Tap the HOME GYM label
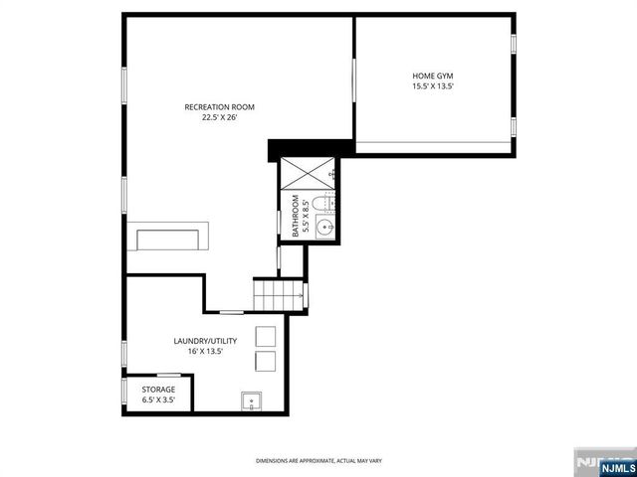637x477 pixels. [x=433, y=77]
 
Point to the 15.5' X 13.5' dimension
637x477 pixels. [x=433, y=86]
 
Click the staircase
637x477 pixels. [x=280, y=294]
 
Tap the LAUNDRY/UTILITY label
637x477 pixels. [x=205, y=341]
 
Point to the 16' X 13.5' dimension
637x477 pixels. [x=205, y=351]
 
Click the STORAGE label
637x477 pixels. [x=158, y=390]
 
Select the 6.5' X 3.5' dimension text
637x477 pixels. [x=158, y=399]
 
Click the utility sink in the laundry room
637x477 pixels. [x=251, y=401]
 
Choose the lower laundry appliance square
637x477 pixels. [x=265, y=360]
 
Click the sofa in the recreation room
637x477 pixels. [x=170, y=238]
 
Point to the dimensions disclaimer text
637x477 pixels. [x=318, y=461]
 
